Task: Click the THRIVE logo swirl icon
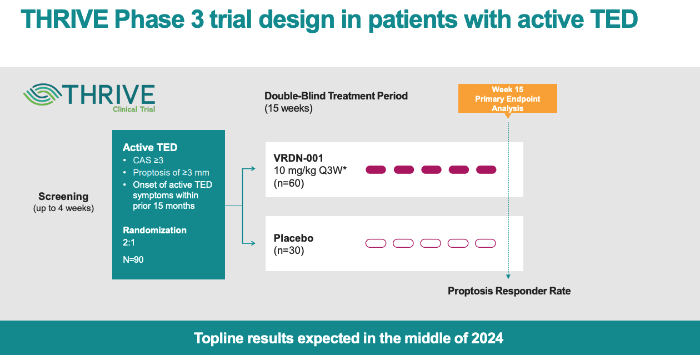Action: pos(42,94)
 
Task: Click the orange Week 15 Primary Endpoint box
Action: pos(507,98)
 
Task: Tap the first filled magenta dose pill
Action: pos(376,169)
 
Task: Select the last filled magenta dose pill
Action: pos(486,169)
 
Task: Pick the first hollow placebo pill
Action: pos(376,243)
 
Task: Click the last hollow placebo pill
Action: pos(486,243)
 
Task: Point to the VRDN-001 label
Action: pos(298,158)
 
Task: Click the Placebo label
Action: pos(293,238)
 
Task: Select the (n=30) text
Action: pos(289,250)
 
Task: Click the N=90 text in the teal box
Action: pos(133,259)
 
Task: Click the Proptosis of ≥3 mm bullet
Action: pos(171,172)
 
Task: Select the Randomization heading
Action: pos(154,230)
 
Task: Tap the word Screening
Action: pos(63,196)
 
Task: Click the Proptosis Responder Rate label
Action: pos(509,291)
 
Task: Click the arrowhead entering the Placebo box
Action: pos(253,243)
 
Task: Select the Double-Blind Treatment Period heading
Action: pos(336,96)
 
